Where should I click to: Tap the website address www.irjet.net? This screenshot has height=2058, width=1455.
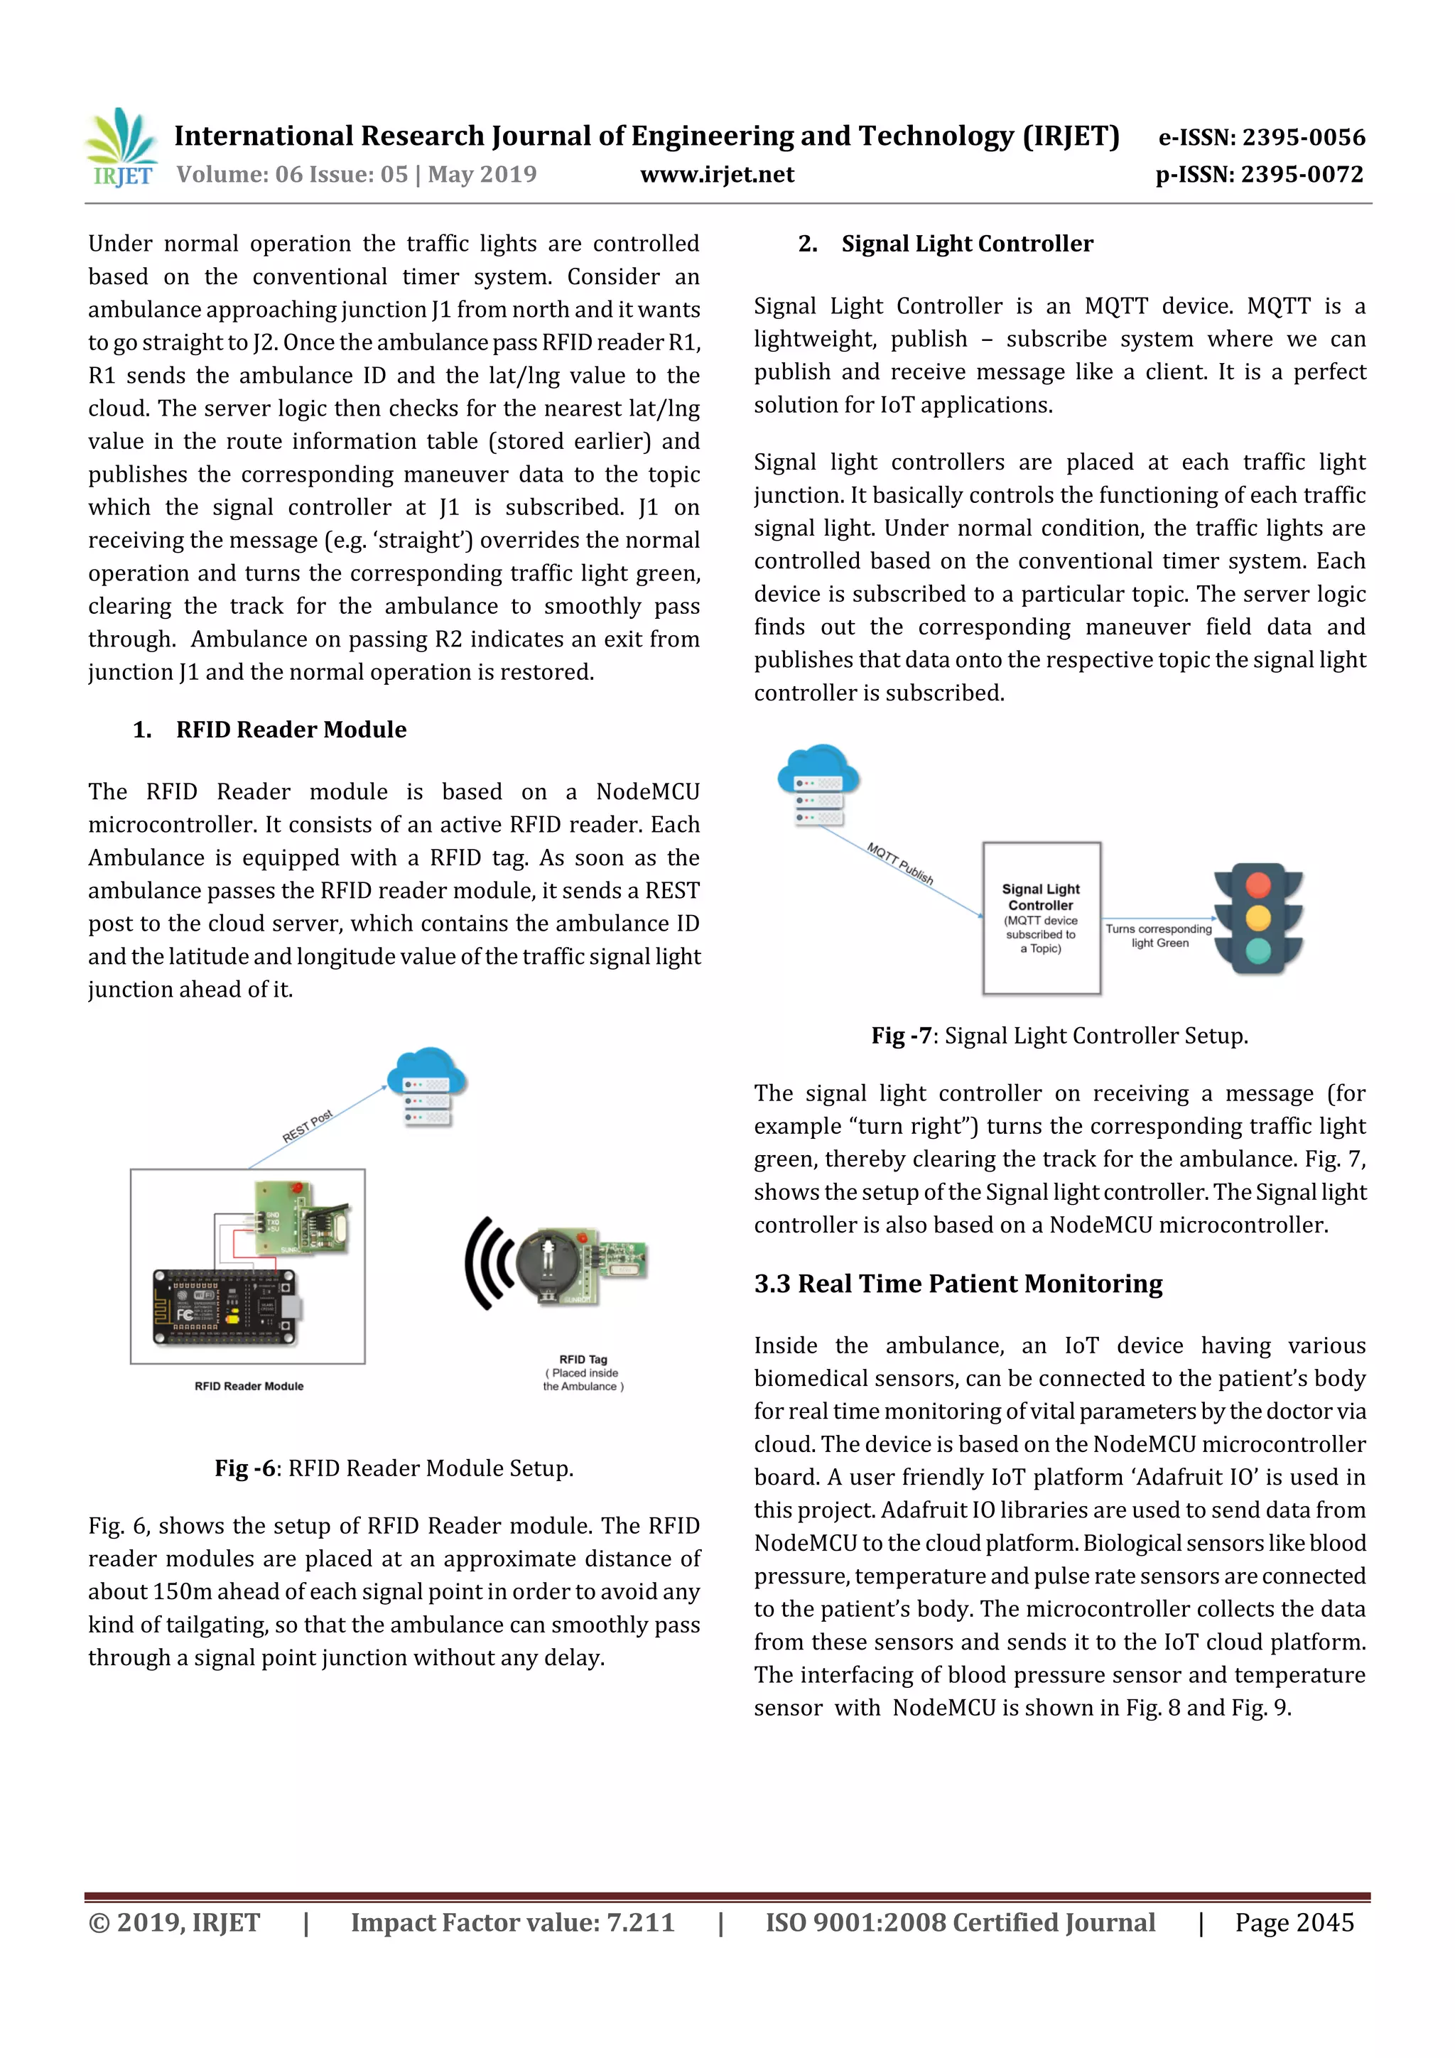(716, 175)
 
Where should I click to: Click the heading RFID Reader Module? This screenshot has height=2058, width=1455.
(291, 730)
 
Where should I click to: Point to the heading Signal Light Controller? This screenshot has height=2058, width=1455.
(966, 244)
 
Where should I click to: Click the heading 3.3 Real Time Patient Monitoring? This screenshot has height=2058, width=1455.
(958, 1284)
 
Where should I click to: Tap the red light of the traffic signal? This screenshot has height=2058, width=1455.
(1257, 884)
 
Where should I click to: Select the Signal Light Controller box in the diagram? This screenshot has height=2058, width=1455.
(1041, 918)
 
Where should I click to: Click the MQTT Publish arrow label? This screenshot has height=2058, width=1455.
(900, 863)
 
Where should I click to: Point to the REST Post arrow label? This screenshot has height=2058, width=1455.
(308, 1126)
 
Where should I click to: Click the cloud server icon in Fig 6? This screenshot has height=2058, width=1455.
(428, 1085)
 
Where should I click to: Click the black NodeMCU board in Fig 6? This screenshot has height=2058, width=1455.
(226, 1308)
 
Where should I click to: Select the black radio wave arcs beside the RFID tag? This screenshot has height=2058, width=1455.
(489, 1263)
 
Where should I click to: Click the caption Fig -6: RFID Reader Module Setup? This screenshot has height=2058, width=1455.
(394, 1468)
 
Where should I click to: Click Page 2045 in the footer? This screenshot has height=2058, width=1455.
(1294, 1922)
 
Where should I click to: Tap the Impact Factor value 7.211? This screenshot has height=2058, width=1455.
(640, 1922)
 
